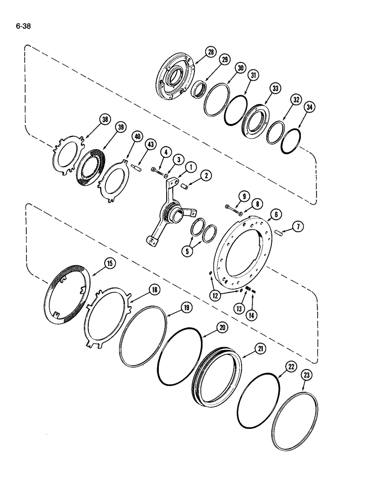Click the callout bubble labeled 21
(x=259, y=350)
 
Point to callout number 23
(x=307, y=375)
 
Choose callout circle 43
(x=150, y=144)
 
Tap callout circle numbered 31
(x=254, y=75)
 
